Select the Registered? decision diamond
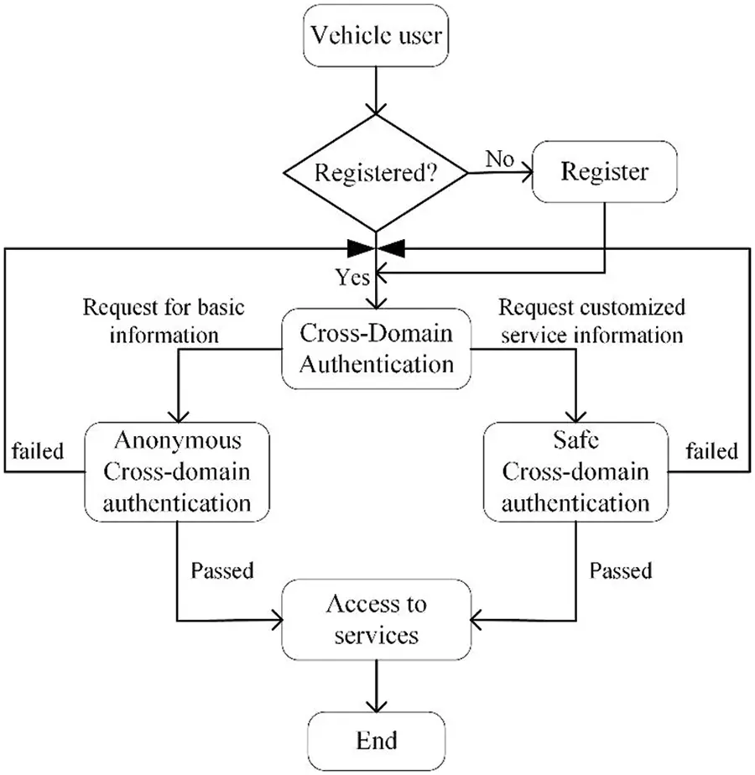pyautogui.click(x=376, y=174)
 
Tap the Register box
pyautogui.click(x=604, y=173)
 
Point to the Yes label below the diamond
pyautogui.click(x=351, y=275)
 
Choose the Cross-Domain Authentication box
pyautogui.click(x=376, y=348)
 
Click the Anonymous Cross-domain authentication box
pyautogui.click(x=176, y=471)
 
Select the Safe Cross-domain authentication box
pyautogui.click(x=575, y=471)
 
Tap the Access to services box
pyautogui.click(x=376, y=620)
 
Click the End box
pyautogui.click(x=376, y=741)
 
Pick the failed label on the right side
pyautogui.click(x=711, y=451)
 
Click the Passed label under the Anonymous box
pyautogui.click(x=222, y=572)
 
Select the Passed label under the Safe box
pyautogui.click(x=621, y=572)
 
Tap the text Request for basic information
pyautogui.click(x=164, y=321)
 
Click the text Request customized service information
pyautogui.click(x=591, y=321)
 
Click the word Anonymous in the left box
pyautogui.click(x=178, y=441)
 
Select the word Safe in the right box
pyautogui.click(x=575, y=441)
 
